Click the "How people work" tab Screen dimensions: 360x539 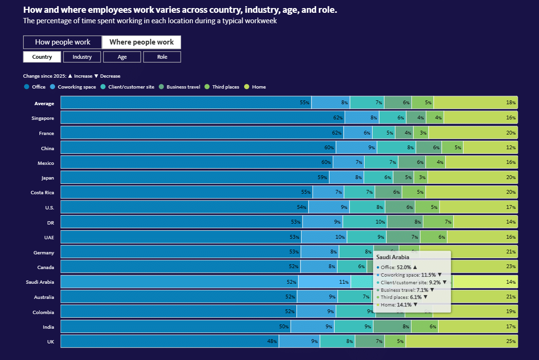[63, 42]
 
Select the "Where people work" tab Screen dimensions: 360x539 [141, 42]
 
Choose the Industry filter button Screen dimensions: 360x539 [82, 57]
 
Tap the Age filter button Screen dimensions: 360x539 [122, 57]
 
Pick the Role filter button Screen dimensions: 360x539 [162, 57]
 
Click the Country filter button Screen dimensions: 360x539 [42, 57]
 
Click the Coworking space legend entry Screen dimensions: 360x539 [76, 87]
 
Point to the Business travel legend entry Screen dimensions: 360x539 [183, 87]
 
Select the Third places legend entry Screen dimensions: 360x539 [225, 87]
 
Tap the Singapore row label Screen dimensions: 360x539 [43, 118]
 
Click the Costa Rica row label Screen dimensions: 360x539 [42, 193]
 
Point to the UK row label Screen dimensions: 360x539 [50, 342]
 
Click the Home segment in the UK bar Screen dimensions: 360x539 [461, 342]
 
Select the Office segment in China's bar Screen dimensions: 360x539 [198, 148]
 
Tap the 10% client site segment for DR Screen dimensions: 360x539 [365, 222]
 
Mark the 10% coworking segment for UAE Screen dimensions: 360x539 [324, 237]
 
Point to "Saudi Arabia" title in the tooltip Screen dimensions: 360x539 [393, 257]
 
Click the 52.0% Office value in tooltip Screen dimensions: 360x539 [404, 267]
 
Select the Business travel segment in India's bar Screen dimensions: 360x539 [392, 326]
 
